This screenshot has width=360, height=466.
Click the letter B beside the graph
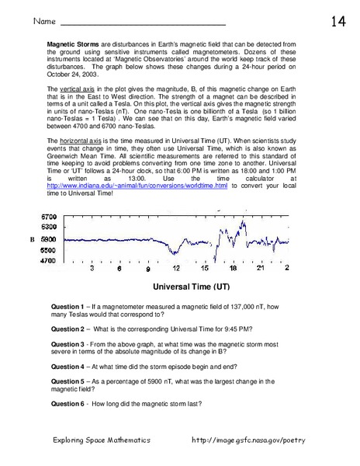coord(33,239)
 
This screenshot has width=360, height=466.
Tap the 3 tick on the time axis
coord(92,270)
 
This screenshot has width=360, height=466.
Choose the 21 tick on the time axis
coord(260,270)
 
